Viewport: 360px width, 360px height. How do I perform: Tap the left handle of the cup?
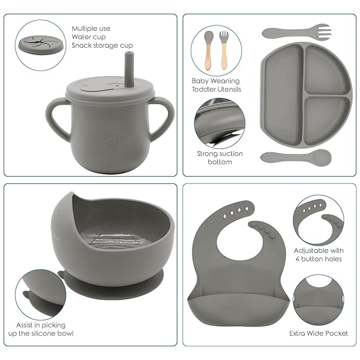[x=55, y=121]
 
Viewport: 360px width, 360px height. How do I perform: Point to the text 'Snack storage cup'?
[x=102, y=46]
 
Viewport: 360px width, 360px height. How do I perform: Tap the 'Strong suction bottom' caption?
[x=219, y=157]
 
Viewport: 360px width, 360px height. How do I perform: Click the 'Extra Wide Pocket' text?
[x=319, y=333]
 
